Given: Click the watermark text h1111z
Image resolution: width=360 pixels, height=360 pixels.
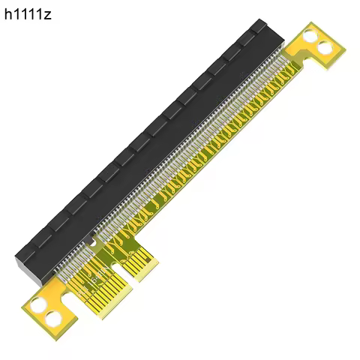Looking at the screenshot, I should (28, 14).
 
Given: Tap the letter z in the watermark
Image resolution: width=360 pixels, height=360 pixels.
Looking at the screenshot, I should (48, 15).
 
